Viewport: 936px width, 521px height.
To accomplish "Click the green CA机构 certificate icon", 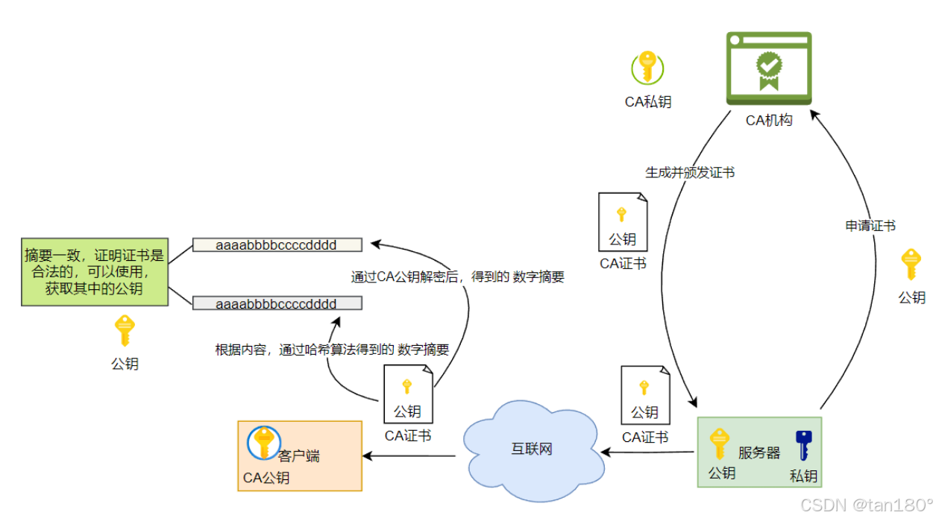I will pyautogui.click(x=768, y=68).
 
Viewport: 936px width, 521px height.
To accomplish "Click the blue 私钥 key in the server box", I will pyautogui.click(x=803, y=446).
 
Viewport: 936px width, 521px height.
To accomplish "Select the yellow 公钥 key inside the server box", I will pyautogui.click(x=719, y=444).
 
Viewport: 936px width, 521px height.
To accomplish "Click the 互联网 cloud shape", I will pyautogui.click(x=531, y=449).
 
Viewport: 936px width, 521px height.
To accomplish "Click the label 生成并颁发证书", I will pyautogui.click(x=689, y=172).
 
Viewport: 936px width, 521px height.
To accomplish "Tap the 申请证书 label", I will pyautogui.click(x=870, y=226).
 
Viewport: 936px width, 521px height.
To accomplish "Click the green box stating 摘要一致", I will pyautogui.click(x=94, y=271).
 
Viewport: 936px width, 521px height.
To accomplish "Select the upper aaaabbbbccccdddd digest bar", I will pyautogui.click(x=277, y=244).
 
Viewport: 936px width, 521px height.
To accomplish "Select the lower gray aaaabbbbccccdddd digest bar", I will pyautogui.click(x=277, y=303).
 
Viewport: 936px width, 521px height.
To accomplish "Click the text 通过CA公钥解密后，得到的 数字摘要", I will pyautogui.click(x=457, y=277).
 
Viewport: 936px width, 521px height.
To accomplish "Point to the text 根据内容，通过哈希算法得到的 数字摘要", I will pyautogui.click(x=332, y=350).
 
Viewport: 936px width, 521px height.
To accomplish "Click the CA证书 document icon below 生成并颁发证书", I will pyautogui.click(x=622, y=222).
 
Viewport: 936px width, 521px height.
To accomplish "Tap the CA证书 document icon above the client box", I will pyautogui.click(x=407, y=394).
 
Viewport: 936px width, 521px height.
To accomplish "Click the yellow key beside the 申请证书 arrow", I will pyautogui.click(x=911, y=265).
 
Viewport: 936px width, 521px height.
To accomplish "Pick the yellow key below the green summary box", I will pyautogui.click(x=125, y=331).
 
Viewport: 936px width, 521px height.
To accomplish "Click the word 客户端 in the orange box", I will pyautogui.click(x=298, y=455).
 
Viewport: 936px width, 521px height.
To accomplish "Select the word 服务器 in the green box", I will pyautogui.click(x=758, y=452).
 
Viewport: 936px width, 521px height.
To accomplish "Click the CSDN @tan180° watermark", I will pyautogui.click(x=865, y=505).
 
